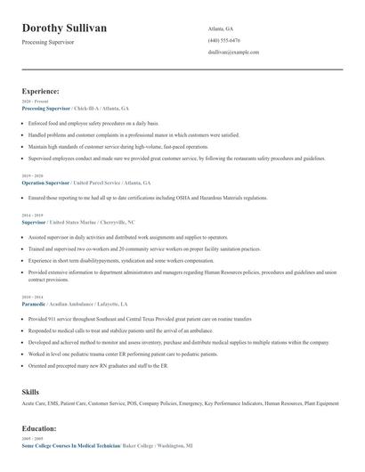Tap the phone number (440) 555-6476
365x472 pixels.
(x=223, y=40)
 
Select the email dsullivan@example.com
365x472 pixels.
(x=233, y=53)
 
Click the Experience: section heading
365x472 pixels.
(x=41, y=91)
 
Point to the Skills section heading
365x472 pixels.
(x=30, y=391)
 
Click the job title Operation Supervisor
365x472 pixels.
(x=45, y=182)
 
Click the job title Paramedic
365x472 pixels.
(x=33, y=304)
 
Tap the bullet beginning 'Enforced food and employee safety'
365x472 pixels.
(x=93, y=123)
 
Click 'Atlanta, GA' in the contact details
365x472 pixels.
(x=221, y=28)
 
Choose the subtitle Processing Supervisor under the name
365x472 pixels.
(x=48, y=42)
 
